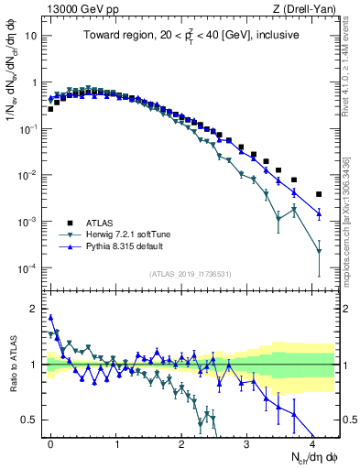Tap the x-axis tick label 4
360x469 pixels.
[x=312, y=442]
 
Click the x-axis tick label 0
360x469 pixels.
[x=50, y=442]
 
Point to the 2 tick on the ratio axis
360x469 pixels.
[x=35, y=309]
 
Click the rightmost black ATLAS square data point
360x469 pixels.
[x=319, y=194]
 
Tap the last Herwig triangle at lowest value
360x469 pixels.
[x=319, y=251]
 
